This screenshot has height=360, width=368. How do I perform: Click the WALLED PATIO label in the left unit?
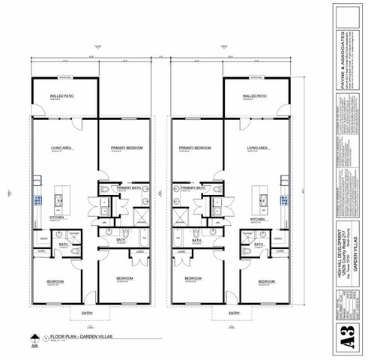point(61,97)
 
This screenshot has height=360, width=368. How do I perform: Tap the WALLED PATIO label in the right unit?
point(255,97)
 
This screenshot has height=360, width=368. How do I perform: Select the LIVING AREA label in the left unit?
point(61,148)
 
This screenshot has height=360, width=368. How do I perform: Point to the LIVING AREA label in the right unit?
point(259,148)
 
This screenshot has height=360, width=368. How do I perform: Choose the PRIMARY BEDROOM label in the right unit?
point(193,148)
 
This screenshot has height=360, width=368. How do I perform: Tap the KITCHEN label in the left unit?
point(57,217)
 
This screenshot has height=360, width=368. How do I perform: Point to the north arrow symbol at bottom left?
point(34,340)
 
